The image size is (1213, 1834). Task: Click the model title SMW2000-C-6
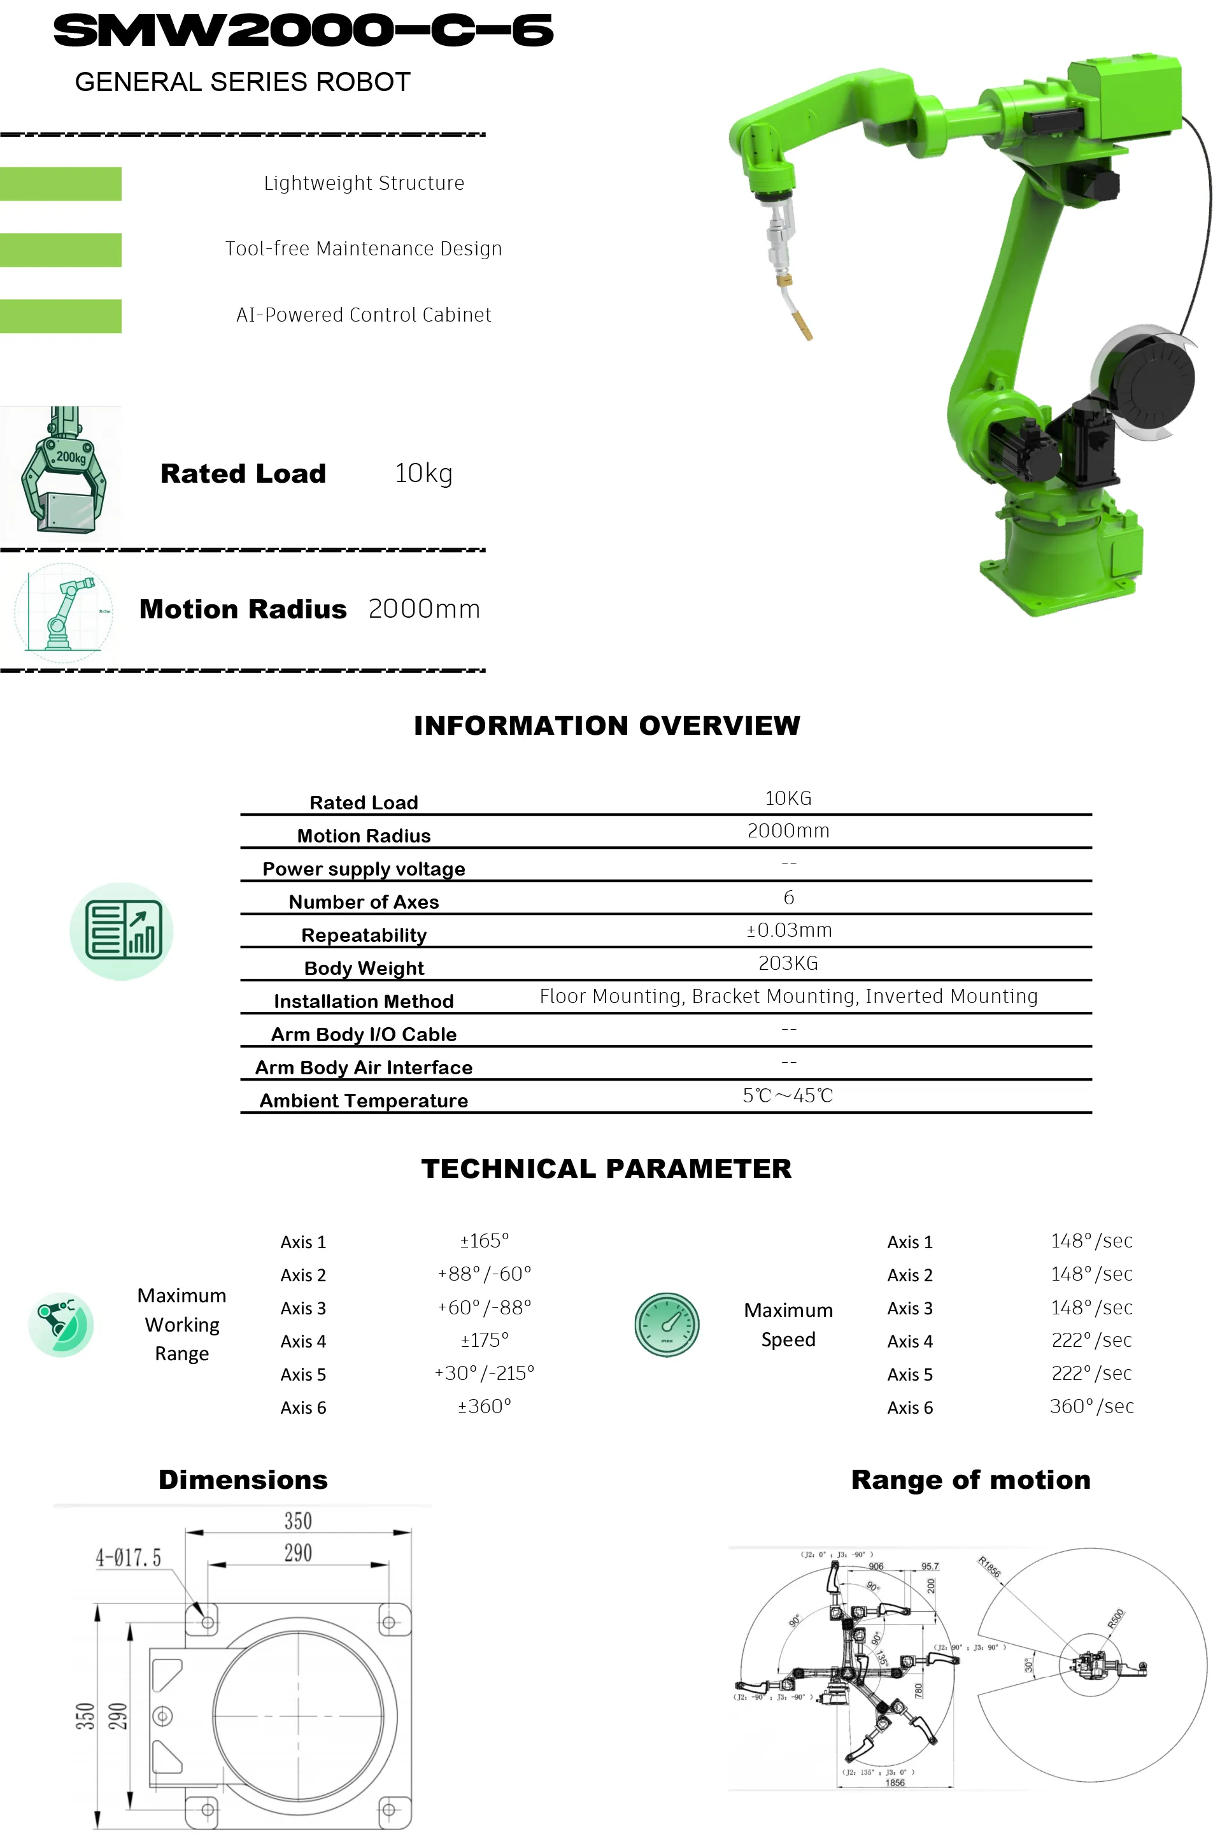(x=302, y=31)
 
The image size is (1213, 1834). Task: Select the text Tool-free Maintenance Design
(x=364, y=248)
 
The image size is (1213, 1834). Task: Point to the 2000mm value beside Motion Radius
(x=424, y=609)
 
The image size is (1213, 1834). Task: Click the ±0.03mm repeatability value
(x=788, y=930)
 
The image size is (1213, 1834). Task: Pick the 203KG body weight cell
(x=788, y=963)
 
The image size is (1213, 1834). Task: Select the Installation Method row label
(x=364, y=1001)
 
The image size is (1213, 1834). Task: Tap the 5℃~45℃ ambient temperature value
(x=788, y=1095)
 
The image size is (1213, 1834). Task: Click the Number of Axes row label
(x=364, y=902)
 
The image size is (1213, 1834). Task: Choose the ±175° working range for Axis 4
(x=485, y=1340)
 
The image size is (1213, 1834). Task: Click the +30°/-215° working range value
(x=485, y=1373)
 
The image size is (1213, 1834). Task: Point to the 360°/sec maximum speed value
(x=1091, y=1406)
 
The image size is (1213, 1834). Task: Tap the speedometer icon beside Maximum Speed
(x=667, y=1325)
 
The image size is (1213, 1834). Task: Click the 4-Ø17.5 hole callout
(x=129, y=1557)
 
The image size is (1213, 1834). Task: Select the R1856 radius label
(x=990, y=1567)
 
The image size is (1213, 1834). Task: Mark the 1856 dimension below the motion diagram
(x=895, y=1782)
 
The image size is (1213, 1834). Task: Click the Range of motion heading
(x=970, y=1480)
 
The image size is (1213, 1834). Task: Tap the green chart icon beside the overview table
(x=122, y=930)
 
